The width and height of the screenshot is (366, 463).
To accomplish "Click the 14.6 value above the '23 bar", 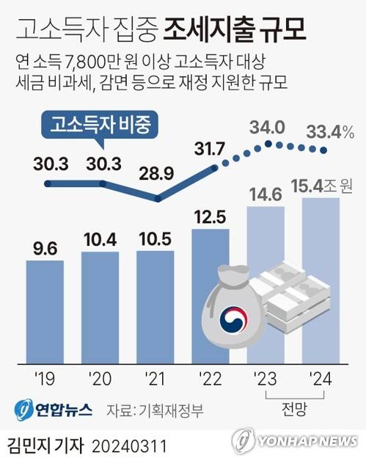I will coord(265,196).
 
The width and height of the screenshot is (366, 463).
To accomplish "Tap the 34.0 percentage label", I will coord(267,127).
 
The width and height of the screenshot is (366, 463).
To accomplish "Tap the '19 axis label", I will coord(45,379).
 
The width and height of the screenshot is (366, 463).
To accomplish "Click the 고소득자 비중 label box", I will coord(100,125).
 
